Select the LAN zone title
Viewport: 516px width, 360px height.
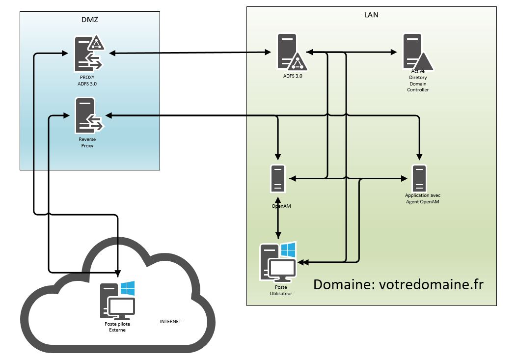[372, 15]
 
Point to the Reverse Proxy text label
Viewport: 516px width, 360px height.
[87, 142]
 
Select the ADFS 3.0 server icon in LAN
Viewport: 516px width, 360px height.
[289, 52]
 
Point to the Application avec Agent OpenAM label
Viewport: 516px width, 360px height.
[419, 198]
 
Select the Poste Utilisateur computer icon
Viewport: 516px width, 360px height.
[277, 263]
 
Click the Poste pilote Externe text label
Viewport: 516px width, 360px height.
[117, 327]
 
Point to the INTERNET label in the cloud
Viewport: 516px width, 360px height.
[170, 322]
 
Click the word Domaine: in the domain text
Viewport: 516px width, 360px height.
[344, 285]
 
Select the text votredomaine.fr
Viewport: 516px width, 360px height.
[432, 285]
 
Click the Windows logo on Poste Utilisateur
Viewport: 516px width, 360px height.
[288, 249]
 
